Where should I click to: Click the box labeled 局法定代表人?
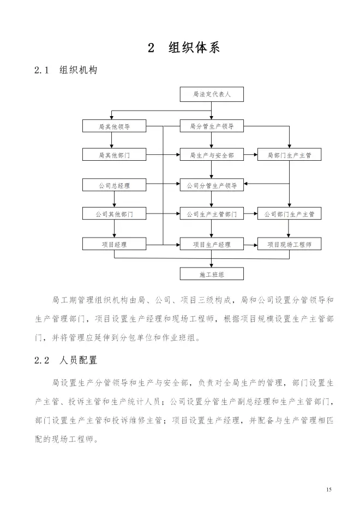coord(212,94)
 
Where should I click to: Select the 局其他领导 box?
coord(115,126)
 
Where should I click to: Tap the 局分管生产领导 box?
coord(212,126)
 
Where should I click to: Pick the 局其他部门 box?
coord(115,155)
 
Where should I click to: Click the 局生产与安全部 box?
coord(212,155)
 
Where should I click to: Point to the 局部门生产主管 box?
coord(289,155)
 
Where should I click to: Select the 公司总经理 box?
coord(115,185)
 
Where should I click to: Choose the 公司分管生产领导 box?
coord(212,185)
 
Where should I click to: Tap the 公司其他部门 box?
coord(115,214)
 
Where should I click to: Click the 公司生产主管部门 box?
coord(212,214)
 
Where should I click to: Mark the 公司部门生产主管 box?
coord(289,214)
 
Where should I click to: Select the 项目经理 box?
coord(115,244)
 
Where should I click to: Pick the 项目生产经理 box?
coord(212,244)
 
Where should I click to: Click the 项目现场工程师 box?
coord(289,244)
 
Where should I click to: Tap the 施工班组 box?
coord(212,274)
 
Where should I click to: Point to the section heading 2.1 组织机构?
coord(65,70)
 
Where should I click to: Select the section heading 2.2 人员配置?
coord(65,360)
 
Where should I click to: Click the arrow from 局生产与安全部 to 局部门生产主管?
coord(250,155)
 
